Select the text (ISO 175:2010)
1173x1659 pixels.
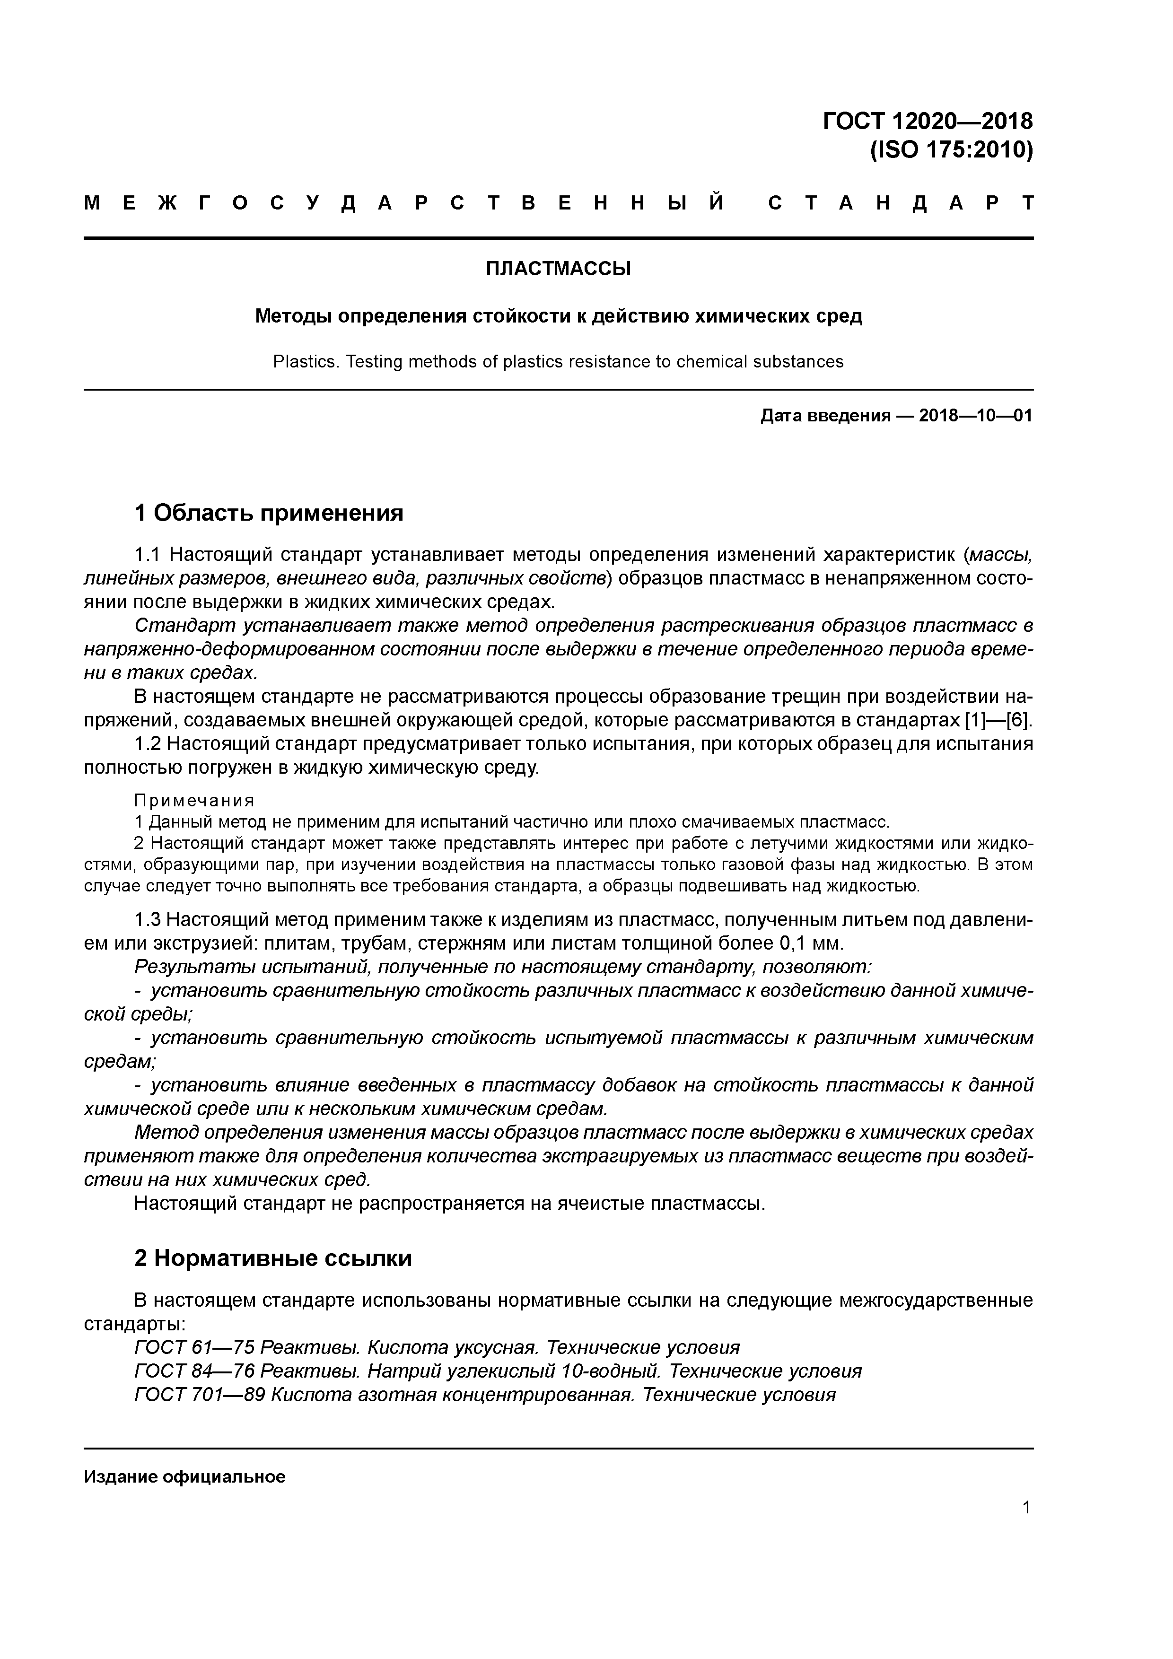pos(951,150)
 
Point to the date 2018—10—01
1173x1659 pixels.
pos(976,416)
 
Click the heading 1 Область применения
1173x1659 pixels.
pos(268,513)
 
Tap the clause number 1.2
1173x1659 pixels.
pos(149,744)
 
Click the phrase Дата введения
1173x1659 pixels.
pos(825,416)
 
